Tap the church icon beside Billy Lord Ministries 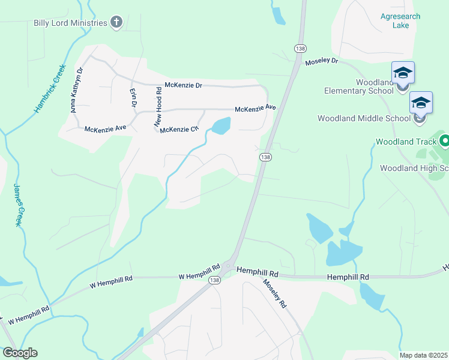[116, 23]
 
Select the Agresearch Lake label [400, 21]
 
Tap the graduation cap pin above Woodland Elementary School [403, 74]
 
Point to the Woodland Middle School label [364, 118]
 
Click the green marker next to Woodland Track [444, 142]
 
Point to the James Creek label [19, 204]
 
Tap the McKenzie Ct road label [178, 129]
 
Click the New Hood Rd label [158, 107]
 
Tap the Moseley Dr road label [322, 62]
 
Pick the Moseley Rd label [275, 293]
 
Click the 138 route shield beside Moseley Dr [298, 48]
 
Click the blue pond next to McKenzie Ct [221, 126]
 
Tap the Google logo [20, 353]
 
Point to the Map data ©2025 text [423, 355]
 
